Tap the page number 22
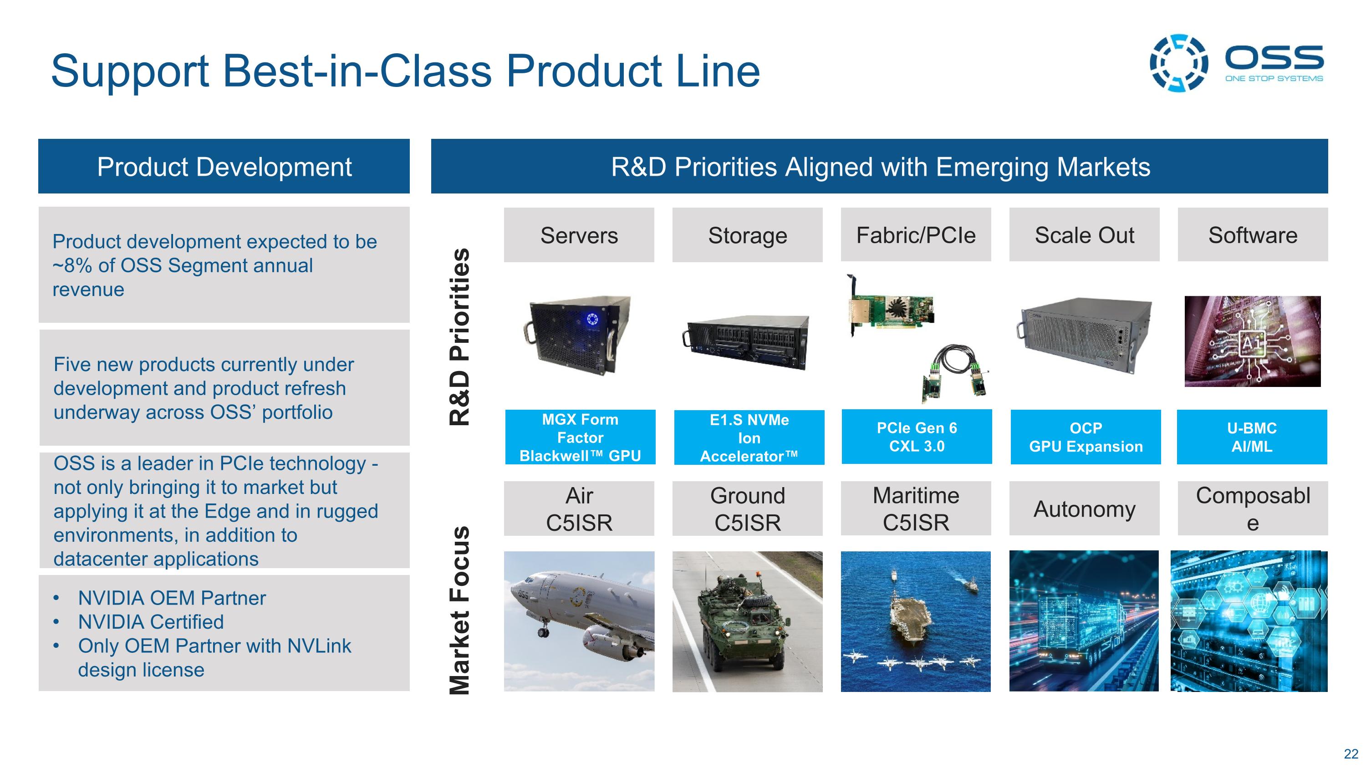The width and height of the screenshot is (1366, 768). coord(1351,754)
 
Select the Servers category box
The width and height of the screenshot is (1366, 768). coord(579,235)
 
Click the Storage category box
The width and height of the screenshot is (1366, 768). coord(747,235)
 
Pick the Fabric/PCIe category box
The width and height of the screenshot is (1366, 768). coord(916,235)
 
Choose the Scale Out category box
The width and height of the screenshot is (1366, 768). coord(1084,235)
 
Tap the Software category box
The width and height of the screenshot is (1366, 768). coord(1253,235)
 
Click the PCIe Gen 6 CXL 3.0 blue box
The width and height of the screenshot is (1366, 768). coord(916,437)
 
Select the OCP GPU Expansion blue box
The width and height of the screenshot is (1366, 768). coord(1086,437)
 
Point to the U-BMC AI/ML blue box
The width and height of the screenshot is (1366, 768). coord(1251,437)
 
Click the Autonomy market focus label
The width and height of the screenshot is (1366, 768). coord(1084,509)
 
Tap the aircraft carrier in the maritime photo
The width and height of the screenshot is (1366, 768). coord(909,615)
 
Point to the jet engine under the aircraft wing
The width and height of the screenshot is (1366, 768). coord(610,644)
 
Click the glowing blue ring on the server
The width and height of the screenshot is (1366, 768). coord(592,319)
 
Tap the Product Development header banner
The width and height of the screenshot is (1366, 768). coord(224,167)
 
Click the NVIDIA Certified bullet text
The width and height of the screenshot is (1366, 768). coord(151,622)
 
